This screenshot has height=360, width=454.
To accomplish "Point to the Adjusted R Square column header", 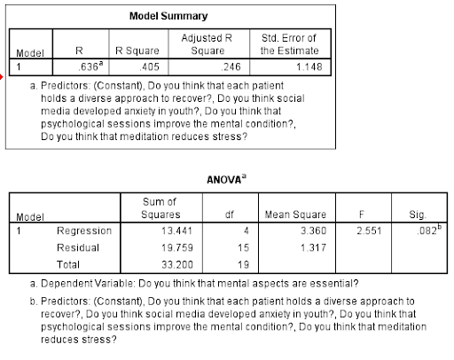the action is click(x=206, y=43).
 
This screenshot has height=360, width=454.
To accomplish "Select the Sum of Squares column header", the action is click(x=160, y=208).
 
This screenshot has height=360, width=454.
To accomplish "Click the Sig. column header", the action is click(x=419, y=214).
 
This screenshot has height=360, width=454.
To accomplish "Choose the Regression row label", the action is click(x=84, y=231).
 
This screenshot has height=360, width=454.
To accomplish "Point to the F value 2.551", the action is click(x=356, y=231).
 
